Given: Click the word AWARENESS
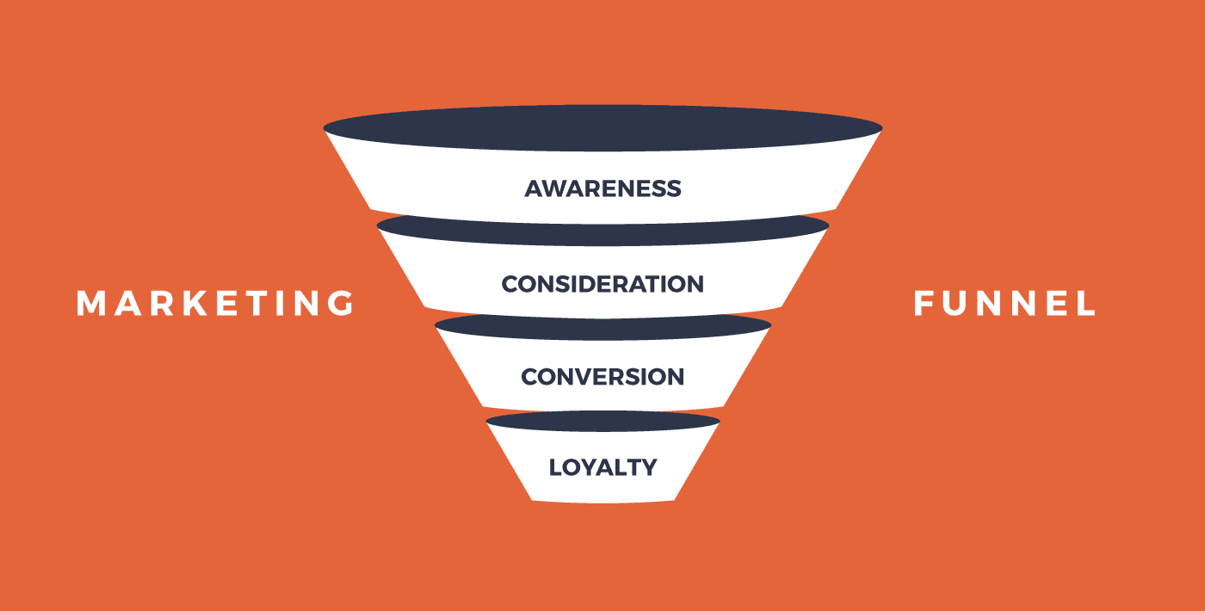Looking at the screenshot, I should pos(602,188).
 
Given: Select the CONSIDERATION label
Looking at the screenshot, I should pos(602,283).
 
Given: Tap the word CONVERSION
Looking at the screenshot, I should pos(602,377).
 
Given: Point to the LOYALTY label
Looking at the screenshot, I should pos(602,467).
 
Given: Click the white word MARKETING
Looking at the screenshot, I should pos(215,303).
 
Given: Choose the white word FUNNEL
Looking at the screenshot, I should pos(1004,303).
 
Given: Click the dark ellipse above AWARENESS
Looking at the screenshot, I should pos(602,128).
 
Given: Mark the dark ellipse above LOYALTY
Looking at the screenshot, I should pos(602,422).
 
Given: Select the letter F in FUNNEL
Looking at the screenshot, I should pos(924,303).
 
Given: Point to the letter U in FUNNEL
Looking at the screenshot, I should pos(955,303).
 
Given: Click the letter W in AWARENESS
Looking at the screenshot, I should pos(552,188).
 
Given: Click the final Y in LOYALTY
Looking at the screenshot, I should pos(648,467).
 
